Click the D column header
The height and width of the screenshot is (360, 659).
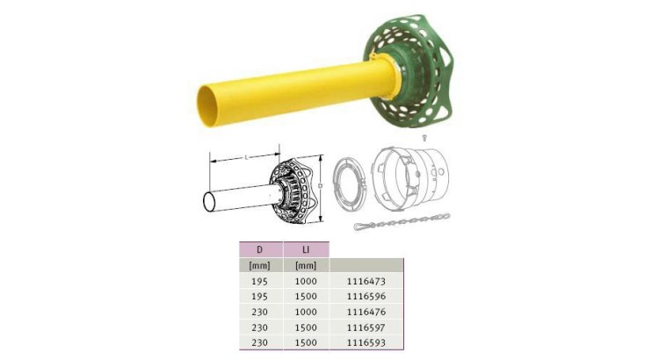coord(259,249)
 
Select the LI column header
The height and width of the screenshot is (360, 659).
coord(305,249)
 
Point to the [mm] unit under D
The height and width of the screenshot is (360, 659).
coord(259,265)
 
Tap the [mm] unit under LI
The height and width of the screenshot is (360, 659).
coord(306,265)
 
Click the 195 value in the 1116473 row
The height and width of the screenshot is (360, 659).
coord(259,281)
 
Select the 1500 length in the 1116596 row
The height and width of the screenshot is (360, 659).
coord(306,296)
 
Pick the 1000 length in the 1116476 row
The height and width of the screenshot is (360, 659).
coord(306,311)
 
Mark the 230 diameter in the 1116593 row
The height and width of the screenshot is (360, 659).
coord(259,341)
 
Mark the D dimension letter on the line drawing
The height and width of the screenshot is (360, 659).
coord(322,187)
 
